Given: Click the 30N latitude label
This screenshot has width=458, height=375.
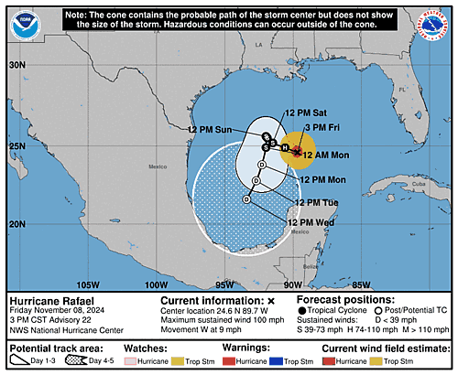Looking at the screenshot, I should [17, 66].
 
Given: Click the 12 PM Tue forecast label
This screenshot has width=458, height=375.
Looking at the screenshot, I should [316, 202].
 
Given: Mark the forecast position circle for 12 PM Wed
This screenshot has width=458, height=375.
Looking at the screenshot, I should [246, 199].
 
